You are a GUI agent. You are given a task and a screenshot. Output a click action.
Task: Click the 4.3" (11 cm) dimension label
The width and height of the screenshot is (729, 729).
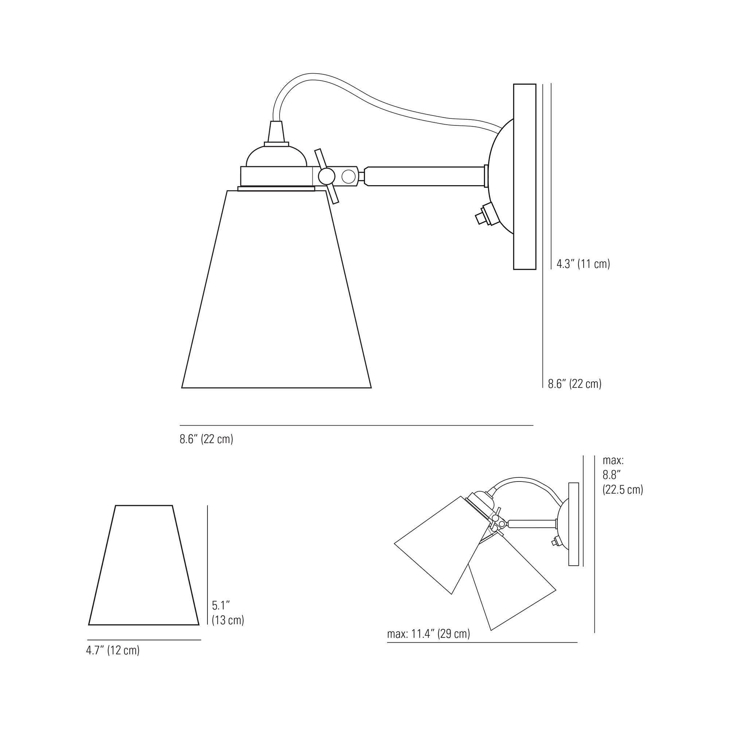(x=583, y=264)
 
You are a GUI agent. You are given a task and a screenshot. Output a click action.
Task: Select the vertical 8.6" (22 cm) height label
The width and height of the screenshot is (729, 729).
(x=575, y=384)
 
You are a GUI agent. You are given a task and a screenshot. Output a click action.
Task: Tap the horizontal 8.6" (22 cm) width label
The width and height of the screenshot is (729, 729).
(x=206, y=439)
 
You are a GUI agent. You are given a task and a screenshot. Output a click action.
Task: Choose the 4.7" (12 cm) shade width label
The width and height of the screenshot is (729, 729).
(x=113, y=650)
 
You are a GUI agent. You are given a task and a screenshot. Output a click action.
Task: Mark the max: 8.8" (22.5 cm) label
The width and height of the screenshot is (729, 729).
(x=623, y=475)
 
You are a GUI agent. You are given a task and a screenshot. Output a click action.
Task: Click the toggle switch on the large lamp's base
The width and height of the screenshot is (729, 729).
(x=484, y=215)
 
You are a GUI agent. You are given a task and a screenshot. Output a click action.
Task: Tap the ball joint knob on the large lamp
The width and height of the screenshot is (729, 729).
(x=326, y=176)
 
